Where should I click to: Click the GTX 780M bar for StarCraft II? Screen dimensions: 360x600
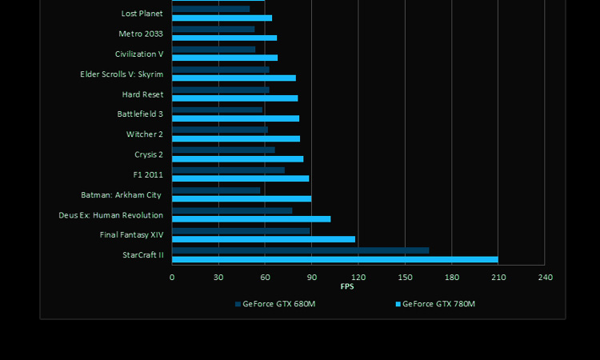pyautogui.click(x=334, y=259)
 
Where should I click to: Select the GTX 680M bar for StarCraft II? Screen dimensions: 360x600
pyautogui.click(x=300, y=250)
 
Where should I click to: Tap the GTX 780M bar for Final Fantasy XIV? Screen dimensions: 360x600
pyautogui.click(x=263, y=239)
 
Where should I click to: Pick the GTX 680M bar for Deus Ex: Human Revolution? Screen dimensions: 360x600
pyautogui.click(x=232, y=210)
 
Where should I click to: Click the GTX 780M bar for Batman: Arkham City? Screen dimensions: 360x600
pyautogui.click(x=242, y=198)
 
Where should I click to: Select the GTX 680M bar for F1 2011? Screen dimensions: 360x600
pyautogui.click(x=228, y=170)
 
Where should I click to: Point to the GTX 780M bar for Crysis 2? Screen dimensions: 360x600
pyautogui.click(x=238, y=158)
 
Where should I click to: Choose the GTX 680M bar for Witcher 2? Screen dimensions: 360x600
pyautogui.click(x=220, y=130)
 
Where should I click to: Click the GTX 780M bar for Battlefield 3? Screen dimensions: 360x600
pyautogui.click(x=235, y=118)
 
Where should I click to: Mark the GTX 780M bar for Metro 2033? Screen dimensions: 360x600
pyautogui.click(x=224, y=38)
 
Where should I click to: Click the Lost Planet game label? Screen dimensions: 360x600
pyautogui.click(x=142, y=14)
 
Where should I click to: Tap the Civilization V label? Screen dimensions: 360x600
pyautogui.click(x=139, y=54)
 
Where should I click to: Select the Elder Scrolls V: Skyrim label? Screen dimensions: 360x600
pyautogui.click(x=122, y=74)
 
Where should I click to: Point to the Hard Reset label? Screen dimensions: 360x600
pyautogui.click(x=142, y=94)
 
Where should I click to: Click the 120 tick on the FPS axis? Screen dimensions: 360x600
pyautogui.click(x=358, y=278)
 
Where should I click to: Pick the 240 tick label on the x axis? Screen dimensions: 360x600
pyautogui.click(x=545, y=278)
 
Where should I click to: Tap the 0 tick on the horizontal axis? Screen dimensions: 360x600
pyautogui.click(x=172, y=278)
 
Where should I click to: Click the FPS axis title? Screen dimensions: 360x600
pyautogui.click(x=347, y=286)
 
